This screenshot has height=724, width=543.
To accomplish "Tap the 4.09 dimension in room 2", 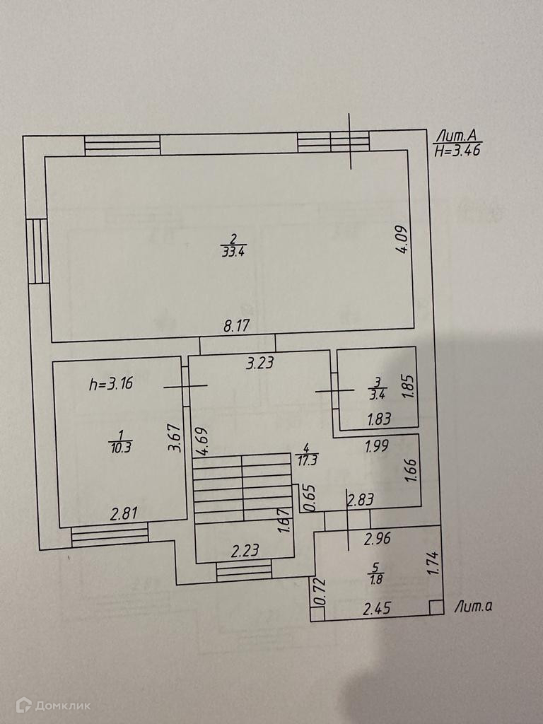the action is pos(401,239).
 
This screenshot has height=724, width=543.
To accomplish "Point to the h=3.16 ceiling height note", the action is pos(111,385).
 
